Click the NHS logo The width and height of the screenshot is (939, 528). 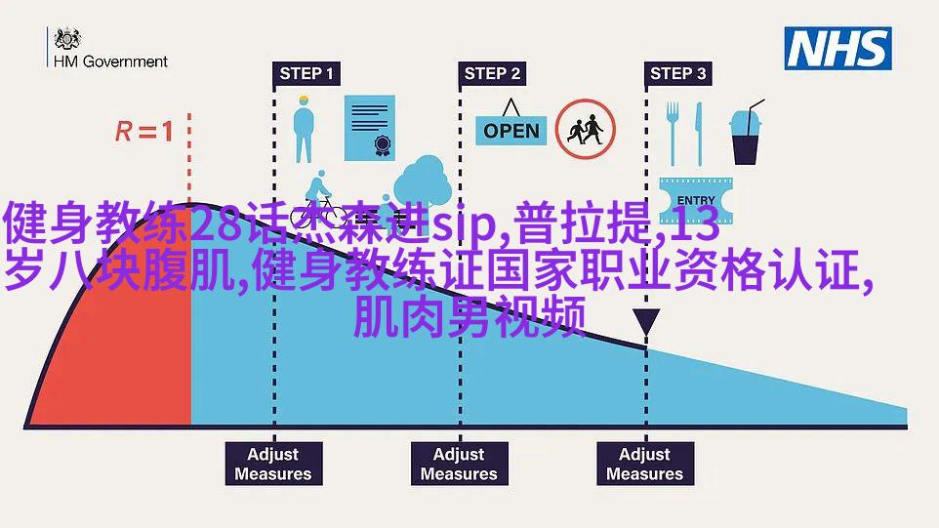838,49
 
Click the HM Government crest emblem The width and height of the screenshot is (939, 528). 66,39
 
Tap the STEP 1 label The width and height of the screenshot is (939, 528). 306,73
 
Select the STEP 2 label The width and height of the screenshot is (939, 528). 492,73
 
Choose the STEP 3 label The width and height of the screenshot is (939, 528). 677,73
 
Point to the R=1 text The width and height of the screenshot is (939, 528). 143,131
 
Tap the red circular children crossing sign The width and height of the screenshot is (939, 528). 586,129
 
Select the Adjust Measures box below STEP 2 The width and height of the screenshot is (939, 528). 459,464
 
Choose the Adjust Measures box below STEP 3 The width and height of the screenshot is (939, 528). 644,464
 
